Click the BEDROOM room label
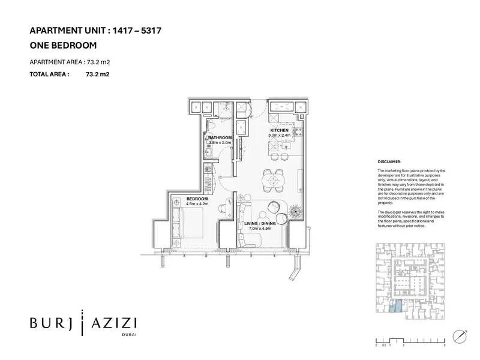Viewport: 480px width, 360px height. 197,199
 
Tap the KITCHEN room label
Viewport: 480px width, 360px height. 280,130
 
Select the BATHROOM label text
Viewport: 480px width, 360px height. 220,137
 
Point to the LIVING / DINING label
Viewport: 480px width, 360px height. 260,223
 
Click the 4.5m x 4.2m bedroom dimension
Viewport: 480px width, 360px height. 197,204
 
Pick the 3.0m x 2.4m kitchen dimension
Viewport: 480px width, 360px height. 280,136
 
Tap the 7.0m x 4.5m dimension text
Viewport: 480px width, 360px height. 261,229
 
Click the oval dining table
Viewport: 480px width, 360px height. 274,179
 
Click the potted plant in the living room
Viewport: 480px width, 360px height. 295,211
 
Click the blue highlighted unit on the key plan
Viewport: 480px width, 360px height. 394,307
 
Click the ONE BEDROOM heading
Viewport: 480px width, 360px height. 63,44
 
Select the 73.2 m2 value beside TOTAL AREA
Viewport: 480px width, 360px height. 98,74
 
